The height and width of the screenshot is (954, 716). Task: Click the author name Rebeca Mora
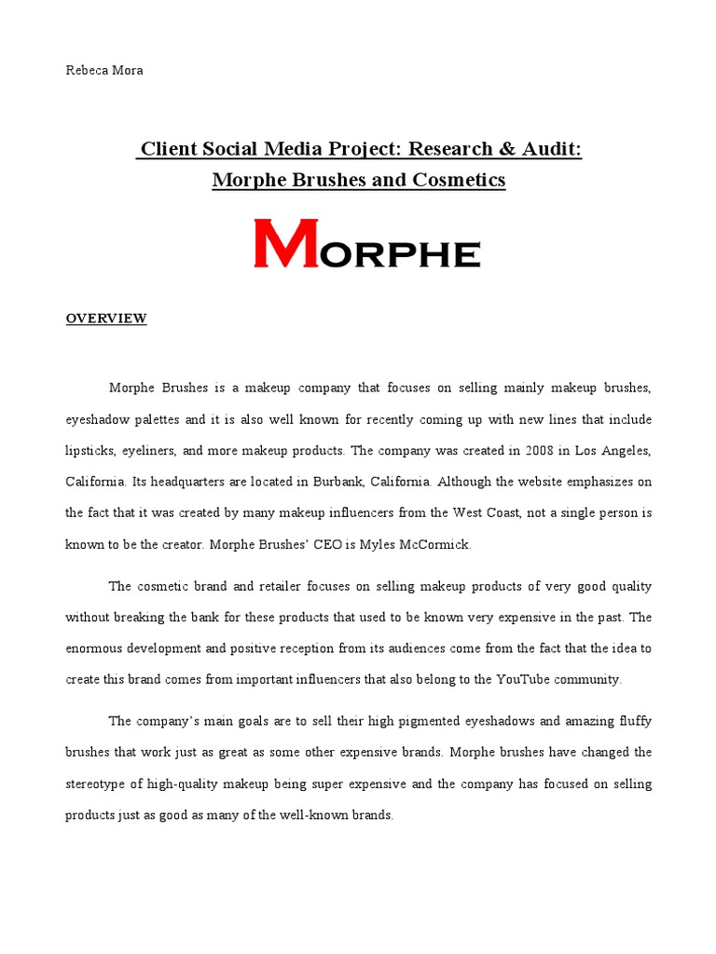click(x=104, y=71)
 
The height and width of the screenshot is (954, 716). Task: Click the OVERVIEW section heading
click(x=105, y=319)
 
